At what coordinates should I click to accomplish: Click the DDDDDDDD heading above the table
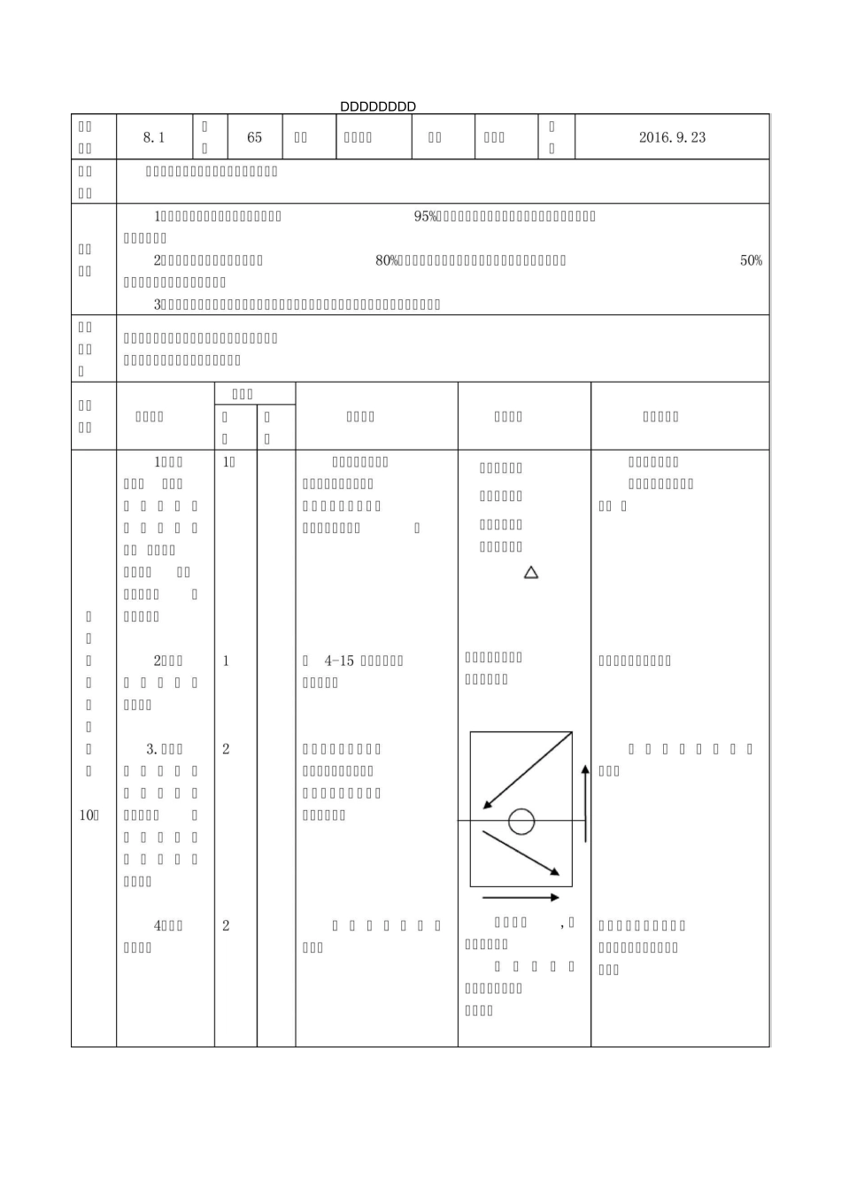pos(378,107)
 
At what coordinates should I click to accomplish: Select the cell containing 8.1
pos(154,137)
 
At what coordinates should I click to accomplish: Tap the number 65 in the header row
pos(255,137)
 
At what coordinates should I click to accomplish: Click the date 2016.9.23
pos(672,137)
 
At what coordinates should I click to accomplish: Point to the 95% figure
pos(426,216)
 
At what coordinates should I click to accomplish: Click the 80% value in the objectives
pos(387,260)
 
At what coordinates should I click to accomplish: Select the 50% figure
pos(751,260)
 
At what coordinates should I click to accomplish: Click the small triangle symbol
pos(531,573)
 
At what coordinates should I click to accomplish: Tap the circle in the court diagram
pos(521,822)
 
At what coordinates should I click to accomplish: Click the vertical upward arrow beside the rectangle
pos(585,804)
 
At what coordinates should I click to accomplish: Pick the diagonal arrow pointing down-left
pos(527,770)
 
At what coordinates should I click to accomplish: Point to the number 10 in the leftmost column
pos(86,815)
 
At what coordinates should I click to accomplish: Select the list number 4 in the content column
pos(158,925)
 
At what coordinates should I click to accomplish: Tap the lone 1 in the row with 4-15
pos(226,661)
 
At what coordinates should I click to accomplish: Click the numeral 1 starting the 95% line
pos(157,216)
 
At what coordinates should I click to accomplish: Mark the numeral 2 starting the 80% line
pos(157,260)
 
